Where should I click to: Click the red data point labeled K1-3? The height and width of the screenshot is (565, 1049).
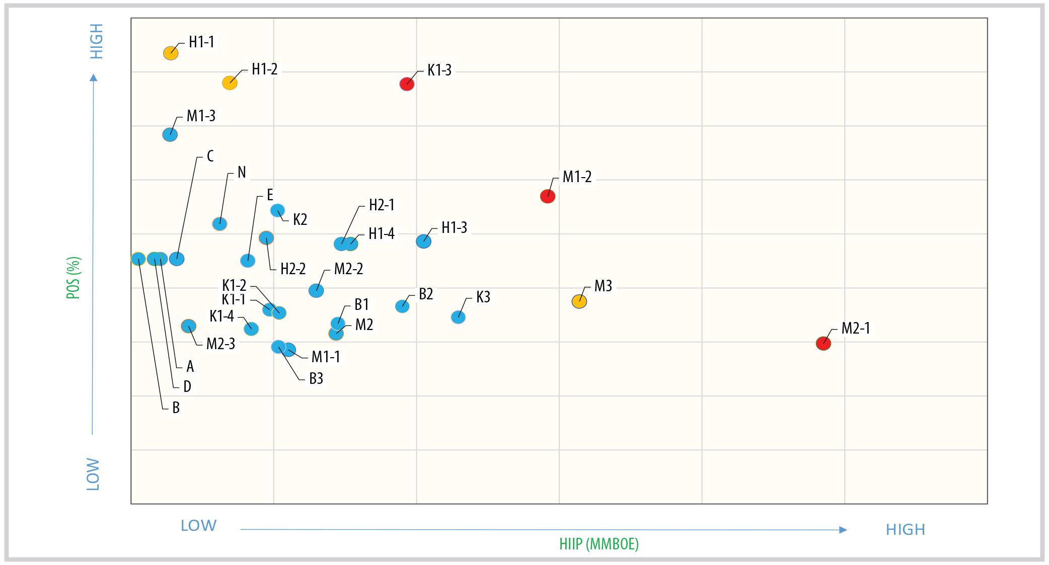407,84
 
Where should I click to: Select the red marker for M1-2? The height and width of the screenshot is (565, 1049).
548,196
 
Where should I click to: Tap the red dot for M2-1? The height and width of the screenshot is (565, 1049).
823,344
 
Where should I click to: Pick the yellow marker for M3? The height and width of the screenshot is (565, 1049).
579,301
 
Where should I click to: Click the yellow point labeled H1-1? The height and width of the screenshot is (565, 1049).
171,53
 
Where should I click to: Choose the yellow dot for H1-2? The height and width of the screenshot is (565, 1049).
230,83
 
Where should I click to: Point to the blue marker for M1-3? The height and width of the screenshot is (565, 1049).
170,134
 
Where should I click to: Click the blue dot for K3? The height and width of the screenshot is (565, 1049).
458,317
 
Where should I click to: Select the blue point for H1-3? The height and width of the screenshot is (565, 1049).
423,241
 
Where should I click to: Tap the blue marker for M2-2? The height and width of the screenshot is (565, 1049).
316,290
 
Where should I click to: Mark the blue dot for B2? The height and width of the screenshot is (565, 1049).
402,306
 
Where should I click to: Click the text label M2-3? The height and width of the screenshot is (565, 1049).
220,344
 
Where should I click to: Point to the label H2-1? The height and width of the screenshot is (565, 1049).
382,205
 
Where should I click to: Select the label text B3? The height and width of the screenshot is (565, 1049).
316,379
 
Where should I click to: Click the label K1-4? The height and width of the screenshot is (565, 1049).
221,316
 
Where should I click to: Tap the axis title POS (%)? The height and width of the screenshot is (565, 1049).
73,278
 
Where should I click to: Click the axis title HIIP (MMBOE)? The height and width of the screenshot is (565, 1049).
599,544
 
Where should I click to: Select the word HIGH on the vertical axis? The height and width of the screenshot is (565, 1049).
96,41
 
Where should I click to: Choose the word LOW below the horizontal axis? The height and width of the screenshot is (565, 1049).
198,526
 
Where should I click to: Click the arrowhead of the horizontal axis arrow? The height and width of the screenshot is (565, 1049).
843,530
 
